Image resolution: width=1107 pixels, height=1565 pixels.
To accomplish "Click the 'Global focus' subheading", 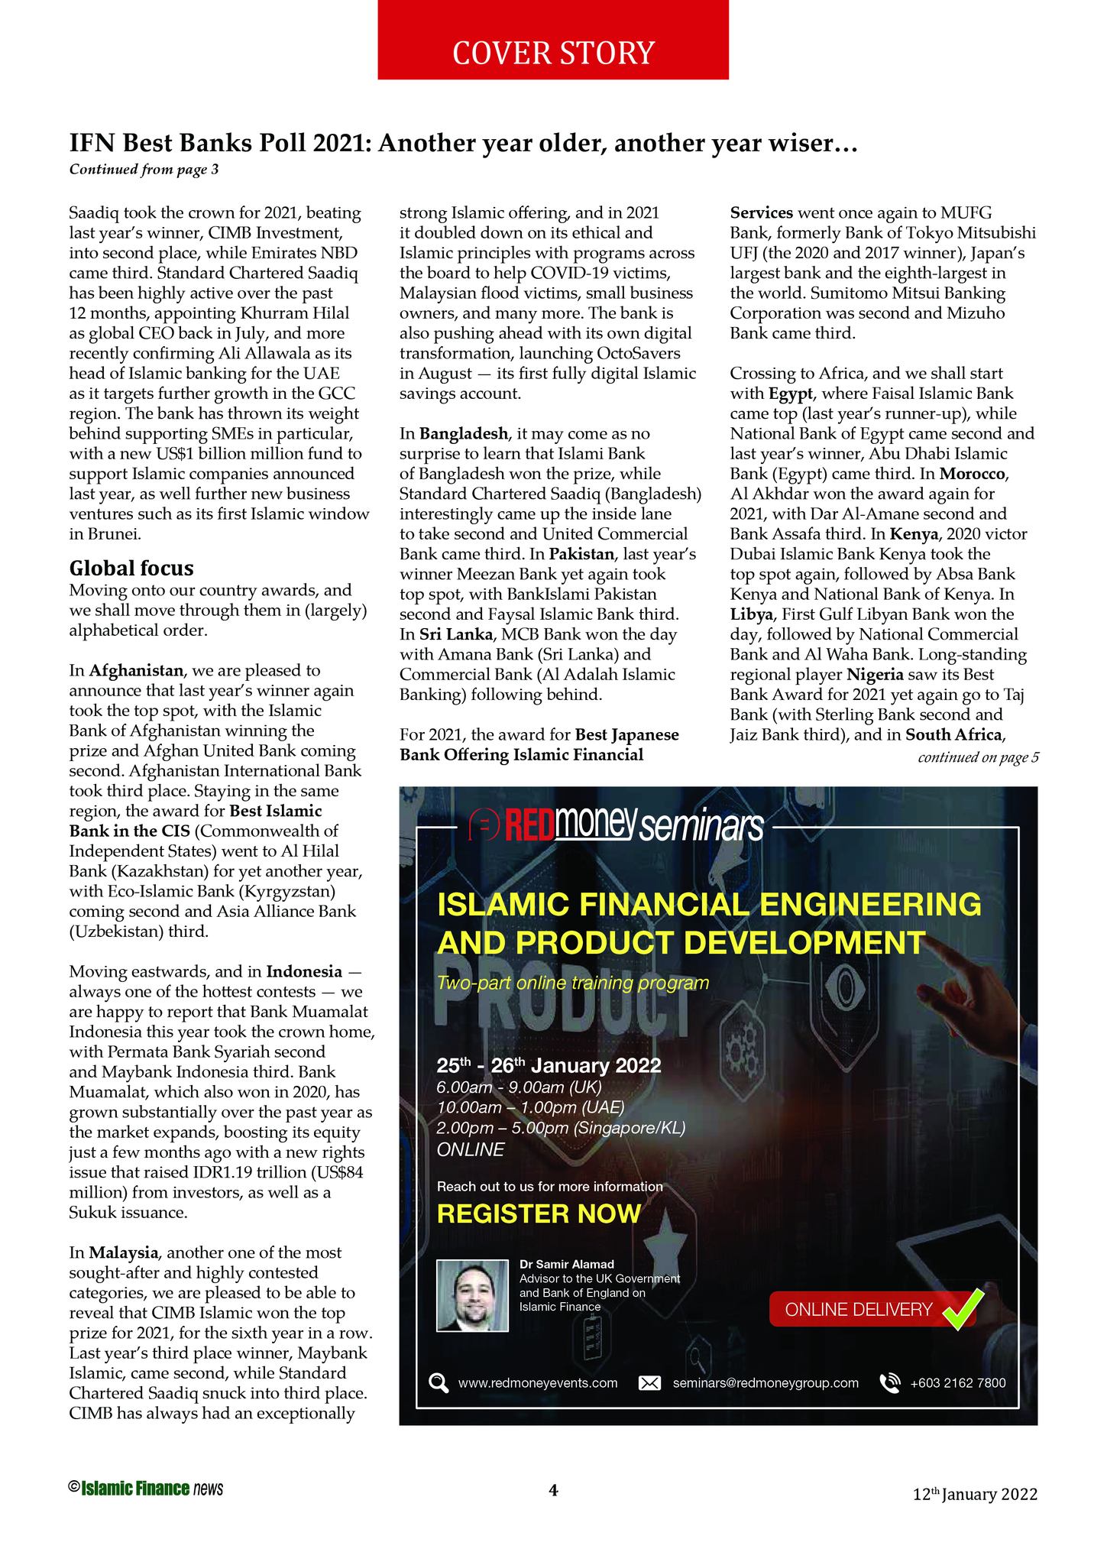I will tap(131, 569).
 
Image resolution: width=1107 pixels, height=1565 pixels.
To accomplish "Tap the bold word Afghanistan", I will tap(137, 671).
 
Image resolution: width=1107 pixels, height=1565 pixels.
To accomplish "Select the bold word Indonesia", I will tap(304, 972).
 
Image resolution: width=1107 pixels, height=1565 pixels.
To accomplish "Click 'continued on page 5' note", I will tap(978, 758).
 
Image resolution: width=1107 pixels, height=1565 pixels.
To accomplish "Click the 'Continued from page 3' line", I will tap(144, 170).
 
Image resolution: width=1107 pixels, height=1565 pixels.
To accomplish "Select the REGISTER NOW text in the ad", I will tap(539, 1213).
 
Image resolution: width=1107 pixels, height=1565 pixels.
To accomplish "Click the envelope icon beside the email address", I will tap(649, 1383).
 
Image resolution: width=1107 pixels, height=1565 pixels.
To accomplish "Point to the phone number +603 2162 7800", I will tap(958, 1383).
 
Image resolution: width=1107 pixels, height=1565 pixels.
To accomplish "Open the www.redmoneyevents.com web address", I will tap(537, 1383).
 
